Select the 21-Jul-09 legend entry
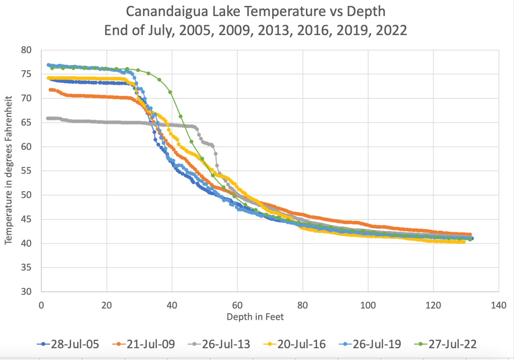(x=144, y=344)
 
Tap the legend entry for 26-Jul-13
(x=219, y=344)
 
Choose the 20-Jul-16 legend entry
(x=294, y=344)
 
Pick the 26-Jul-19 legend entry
(x=370, y=344)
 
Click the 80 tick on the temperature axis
(x=26, y=50)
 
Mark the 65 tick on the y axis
(x=26, y=122)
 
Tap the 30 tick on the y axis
(x=26, y=291)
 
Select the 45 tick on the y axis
(x=26, y=219)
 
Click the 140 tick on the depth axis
(x=498, y=305)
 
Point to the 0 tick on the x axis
(x=41, y=305)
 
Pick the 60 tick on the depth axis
(x=237, y=305)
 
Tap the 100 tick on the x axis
(x=368, y=305)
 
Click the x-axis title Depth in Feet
(x=255, y=317)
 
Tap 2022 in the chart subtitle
(x=391, y=30)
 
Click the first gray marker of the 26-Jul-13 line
(x=48, y=118)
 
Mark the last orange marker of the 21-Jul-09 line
(x=470, y=235)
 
